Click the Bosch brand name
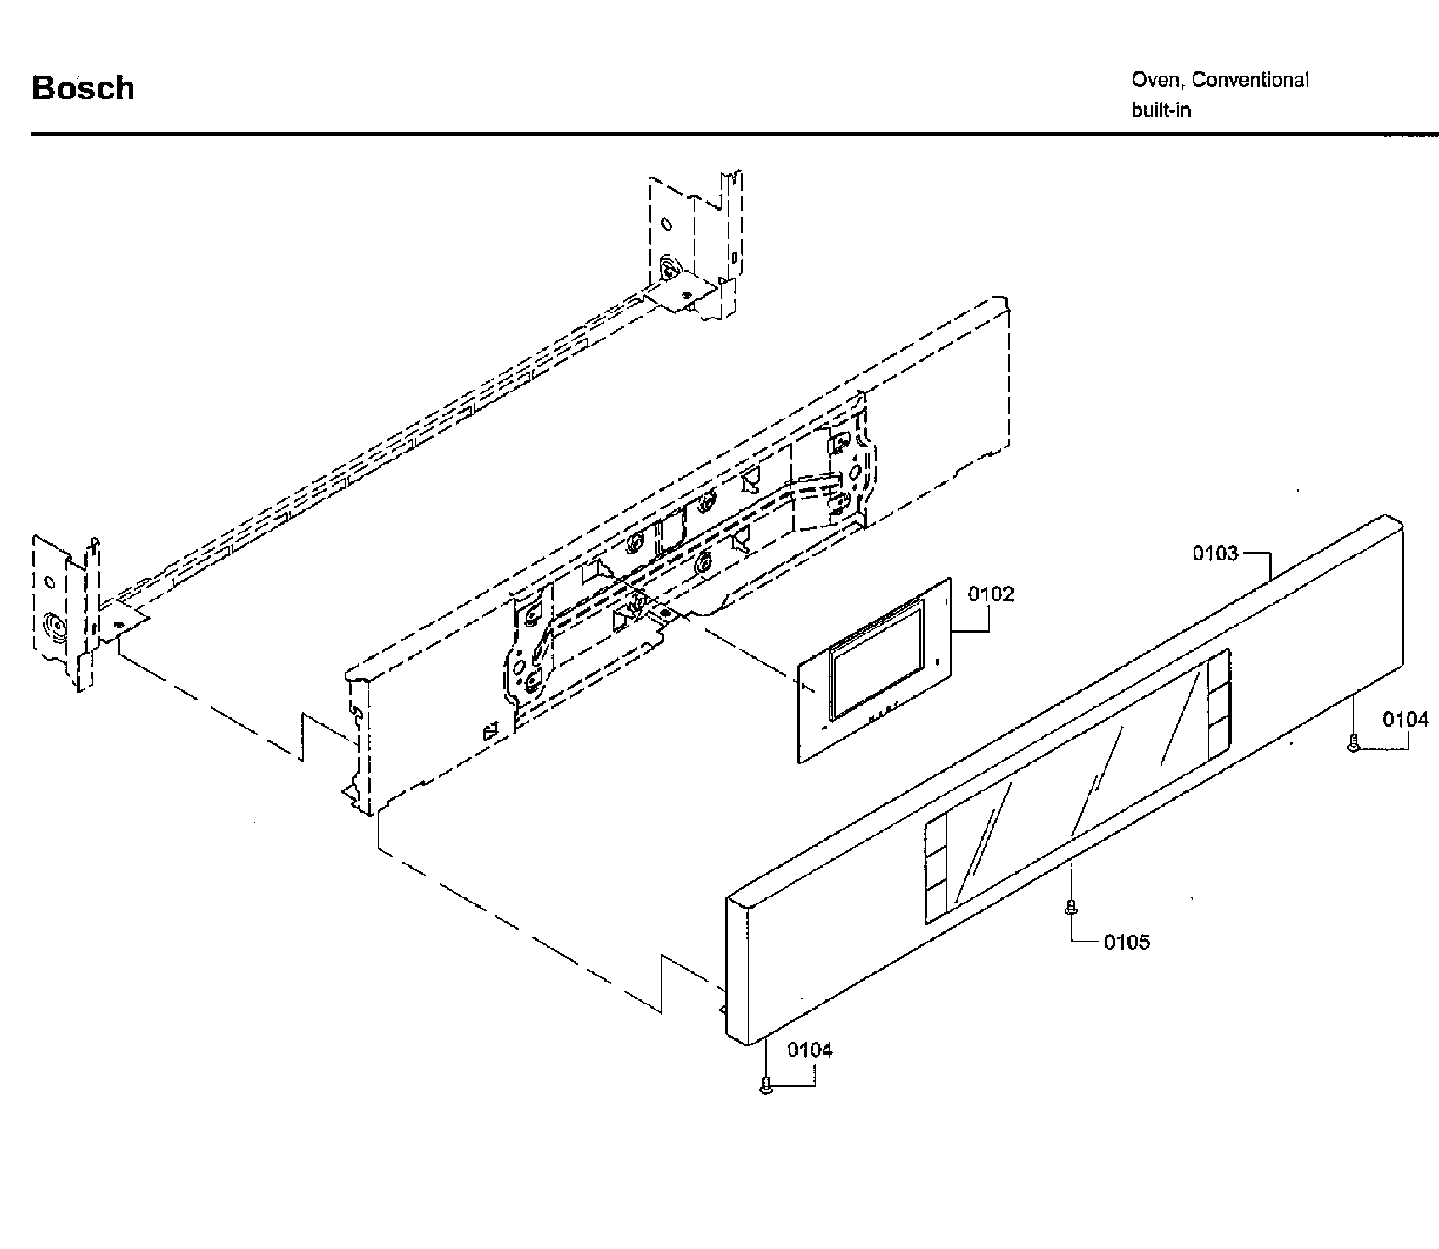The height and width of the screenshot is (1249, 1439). [x=82, y=88]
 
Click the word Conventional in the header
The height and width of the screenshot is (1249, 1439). [x=1250, y=80]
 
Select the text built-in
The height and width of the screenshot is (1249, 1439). [x=1161, y=110]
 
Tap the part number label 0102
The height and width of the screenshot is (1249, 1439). [x=991, y=594]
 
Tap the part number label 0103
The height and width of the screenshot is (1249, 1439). [x=1215, y=554]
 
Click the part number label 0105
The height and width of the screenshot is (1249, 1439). [x=1127, y=942]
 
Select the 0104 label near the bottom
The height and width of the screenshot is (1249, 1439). [x=809, y=1050]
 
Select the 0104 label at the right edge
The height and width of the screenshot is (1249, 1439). [x=1405, y=720]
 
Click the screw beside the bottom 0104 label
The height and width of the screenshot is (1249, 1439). [x=767, y=1085]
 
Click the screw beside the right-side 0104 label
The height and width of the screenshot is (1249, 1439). [x=1353, y=744]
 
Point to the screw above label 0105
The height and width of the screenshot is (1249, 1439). [x=1071, y=907]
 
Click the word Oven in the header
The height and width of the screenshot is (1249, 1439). [x=1155, y=80]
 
